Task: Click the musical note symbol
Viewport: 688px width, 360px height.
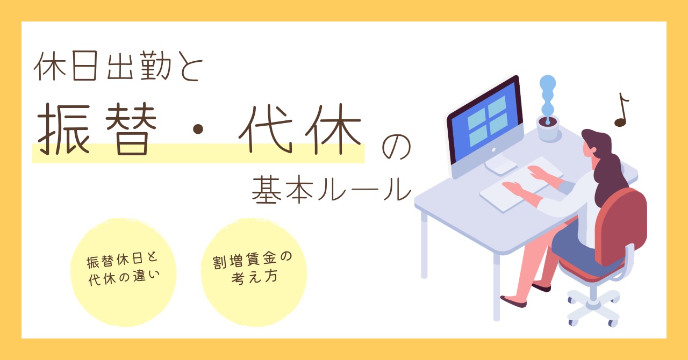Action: click(x=621, y=111)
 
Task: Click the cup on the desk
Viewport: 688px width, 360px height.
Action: click(x=548, y=128)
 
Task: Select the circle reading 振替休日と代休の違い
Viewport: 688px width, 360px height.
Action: click(x=124, y=271)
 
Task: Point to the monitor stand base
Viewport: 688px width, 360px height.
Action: click(x=500, y=167)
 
